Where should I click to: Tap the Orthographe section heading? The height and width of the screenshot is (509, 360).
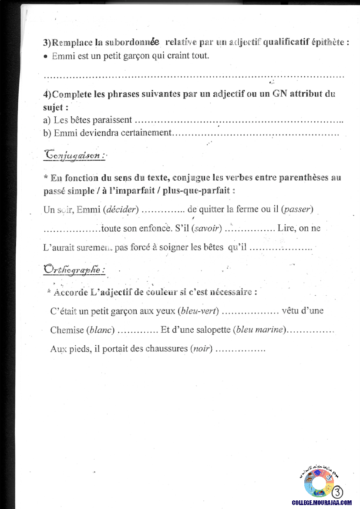[74, 270]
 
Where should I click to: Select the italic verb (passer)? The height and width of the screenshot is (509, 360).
[298, 209]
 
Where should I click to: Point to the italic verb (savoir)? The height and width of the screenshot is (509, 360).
[207, 228]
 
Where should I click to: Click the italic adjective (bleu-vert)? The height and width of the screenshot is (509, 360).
[199, 311]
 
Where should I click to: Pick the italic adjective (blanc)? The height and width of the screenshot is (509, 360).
[101, 330]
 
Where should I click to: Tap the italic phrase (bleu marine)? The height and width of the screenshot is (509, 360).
[260, 330]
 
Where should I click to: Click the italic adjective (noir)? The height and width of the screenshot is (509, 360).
[201, 349]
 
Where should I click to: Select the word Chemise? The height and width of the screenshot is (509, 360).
[67, 330]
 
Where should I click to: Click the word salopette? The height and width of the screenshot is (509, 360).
[213, 330]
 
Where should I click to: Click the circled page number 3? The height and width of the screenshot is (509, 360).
[337, 492]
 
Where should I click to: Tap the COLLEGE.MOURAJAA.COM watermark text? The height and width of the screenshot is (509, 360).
[322, 502]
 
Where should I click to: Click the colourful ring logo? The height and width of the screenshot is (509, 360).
[319, 483]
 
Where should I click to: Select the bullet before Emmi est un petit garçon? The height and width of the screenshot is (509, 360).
[46, 57]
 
